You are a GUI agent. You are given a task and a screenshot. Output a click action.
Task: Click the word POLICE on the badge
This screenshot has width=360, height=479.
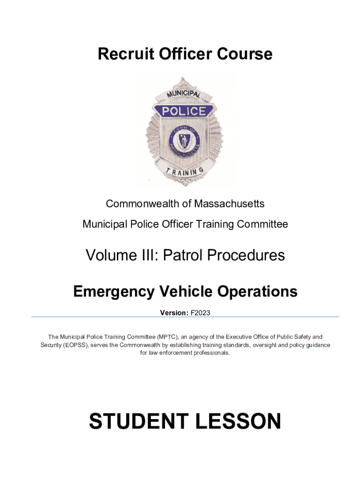(x=184, y=111)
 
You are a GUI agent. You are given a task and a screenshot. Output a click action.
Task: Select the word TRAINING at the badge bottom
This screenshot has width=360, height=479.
(x=185, y=173)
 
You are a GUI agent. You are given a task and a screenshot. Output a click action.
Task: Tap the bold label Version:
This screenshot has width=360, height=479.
(x=174, y=312)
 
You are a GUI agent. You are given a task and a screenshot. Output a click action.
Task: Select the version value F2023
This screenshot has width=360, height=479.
(x=200, y=312)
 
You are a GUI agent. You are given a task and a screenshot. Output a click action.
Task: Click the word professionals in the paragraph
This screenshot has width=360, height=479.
(x=208, y=353)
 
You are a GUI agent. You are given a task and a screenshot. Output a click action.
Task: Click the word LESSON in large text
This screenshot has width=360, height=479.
(x=238, y=421)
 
